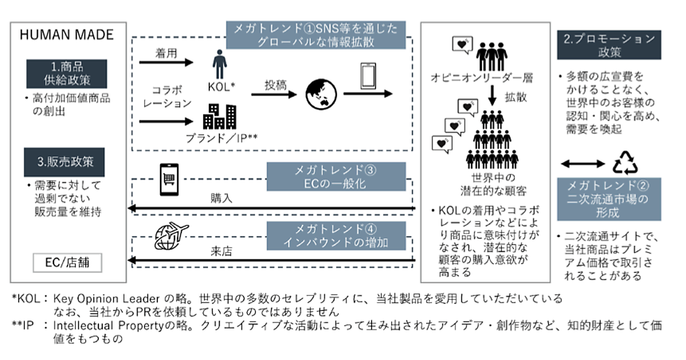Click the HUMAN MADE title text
67,35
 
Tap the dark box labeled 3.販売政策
66,162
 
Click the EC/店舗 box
67,263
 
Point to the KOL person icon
220,64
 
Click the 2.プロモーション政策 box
609,46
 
